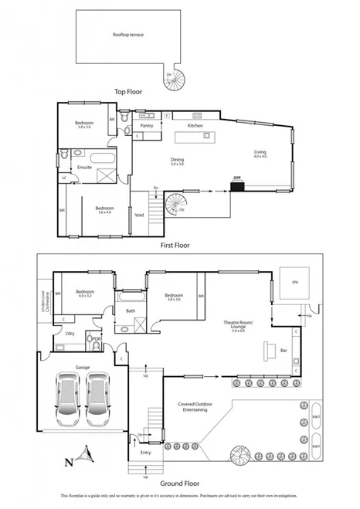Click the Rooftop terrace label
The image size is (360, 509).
pos(128,35)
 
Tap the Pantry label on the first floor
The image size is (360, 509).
pos(147,125)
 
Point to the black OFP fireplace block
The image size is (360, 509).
pos(237,182)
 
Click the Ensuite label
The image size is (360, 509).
pos(83,167)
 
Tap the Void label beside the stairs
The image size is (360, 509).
pos(140,215)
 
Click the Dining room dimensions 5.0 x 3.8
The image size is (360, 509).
pos(177,164)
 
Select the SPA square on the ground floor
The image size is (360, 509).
pos(295,283)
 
